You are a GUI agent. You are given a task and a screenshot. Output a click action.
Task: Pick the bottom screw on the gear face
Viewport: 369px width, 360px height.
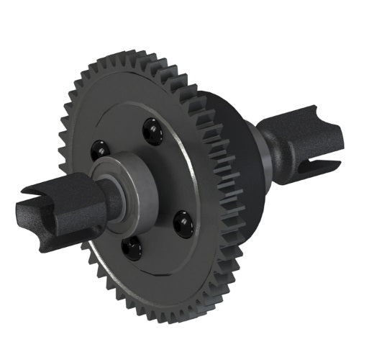130,248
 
